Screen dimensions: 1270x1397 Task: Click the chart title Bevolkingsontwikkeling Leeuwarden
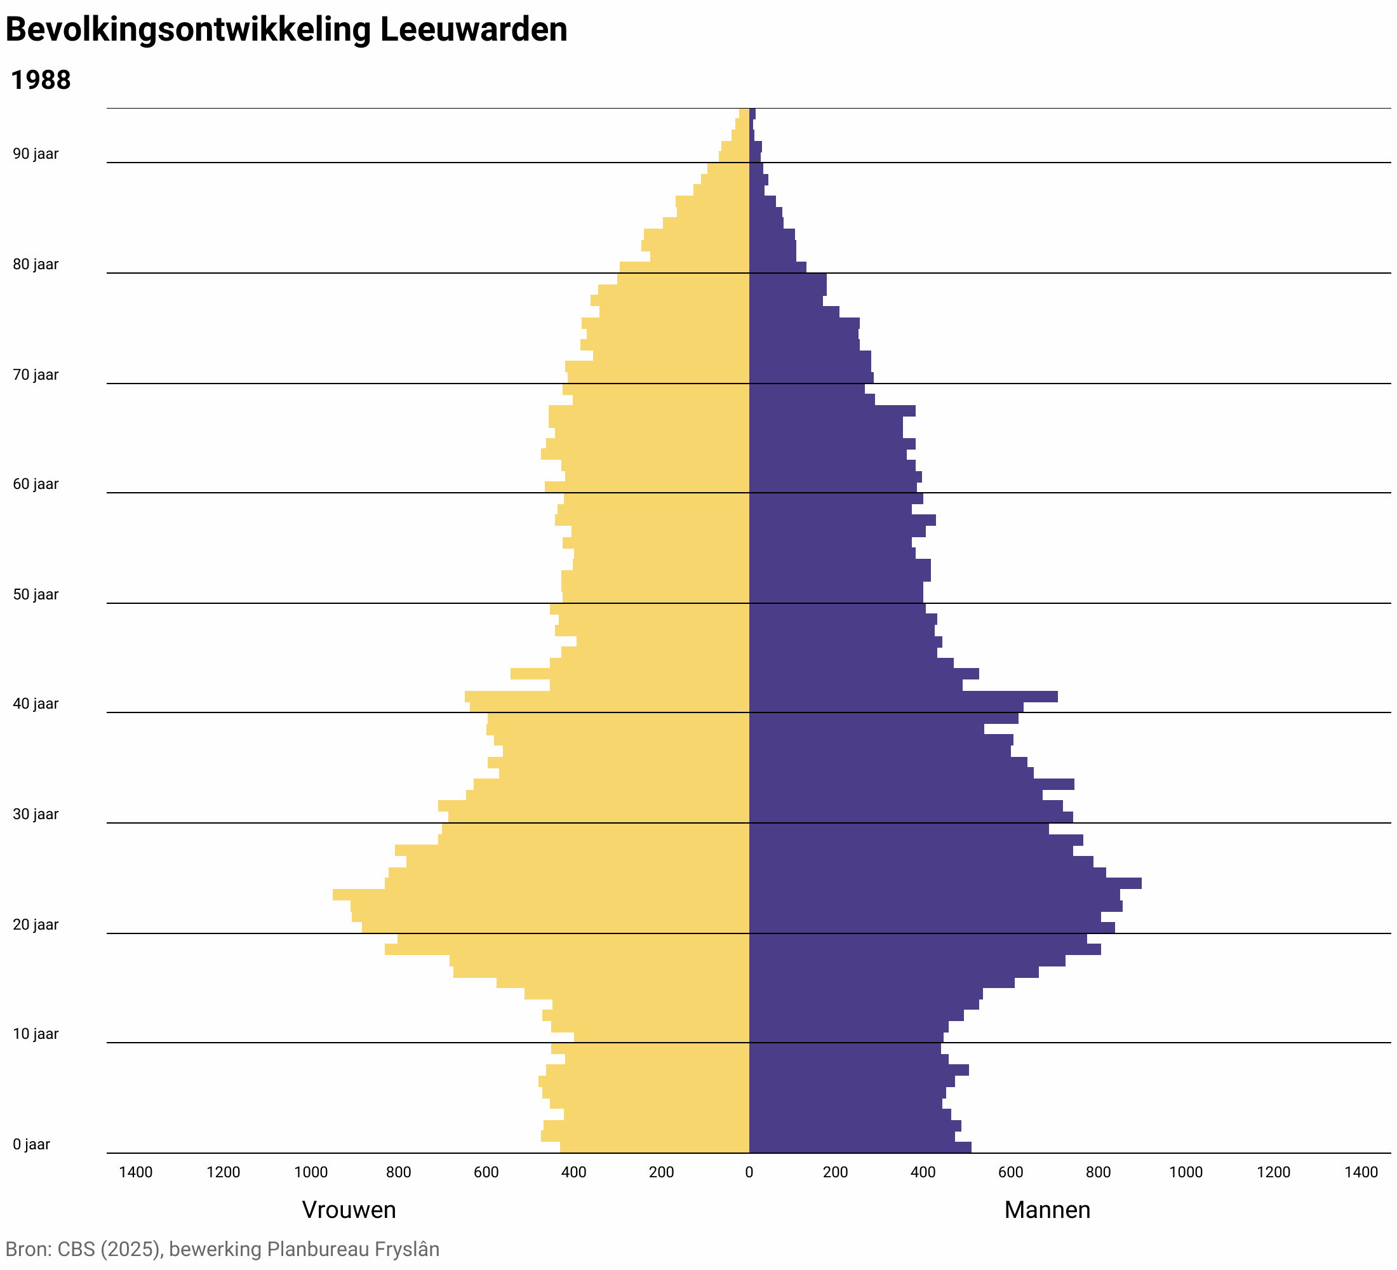coord(286,30)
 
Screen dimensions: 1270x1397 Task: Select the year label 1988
coord(41,81)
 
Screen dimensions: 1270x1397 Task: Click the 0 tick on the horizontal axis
coord(749,1172)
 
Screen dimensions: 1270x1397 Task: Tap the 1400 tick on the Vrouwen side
coord(136,1172)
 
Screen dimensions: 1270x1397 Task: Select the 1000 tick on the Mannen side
coord(1186,1172)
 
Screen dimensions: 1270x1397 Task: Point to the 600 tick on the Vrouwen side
coord(486,1172)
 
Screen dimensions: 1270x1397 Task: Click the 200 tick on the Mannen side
coord(836,1172)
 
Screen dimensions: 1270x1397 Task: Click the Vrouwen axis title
coord(349,1210)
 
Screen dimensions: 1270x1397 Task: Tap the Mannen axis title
coord(1047,1210)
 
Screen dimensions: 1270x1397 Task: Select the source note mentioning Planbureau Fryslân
coord(222,1248)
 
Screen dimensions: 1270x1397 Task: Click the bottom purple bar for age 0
coord(859,1147)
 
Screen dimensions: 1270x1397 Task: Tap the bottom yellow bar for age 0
coord(655,1147)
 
